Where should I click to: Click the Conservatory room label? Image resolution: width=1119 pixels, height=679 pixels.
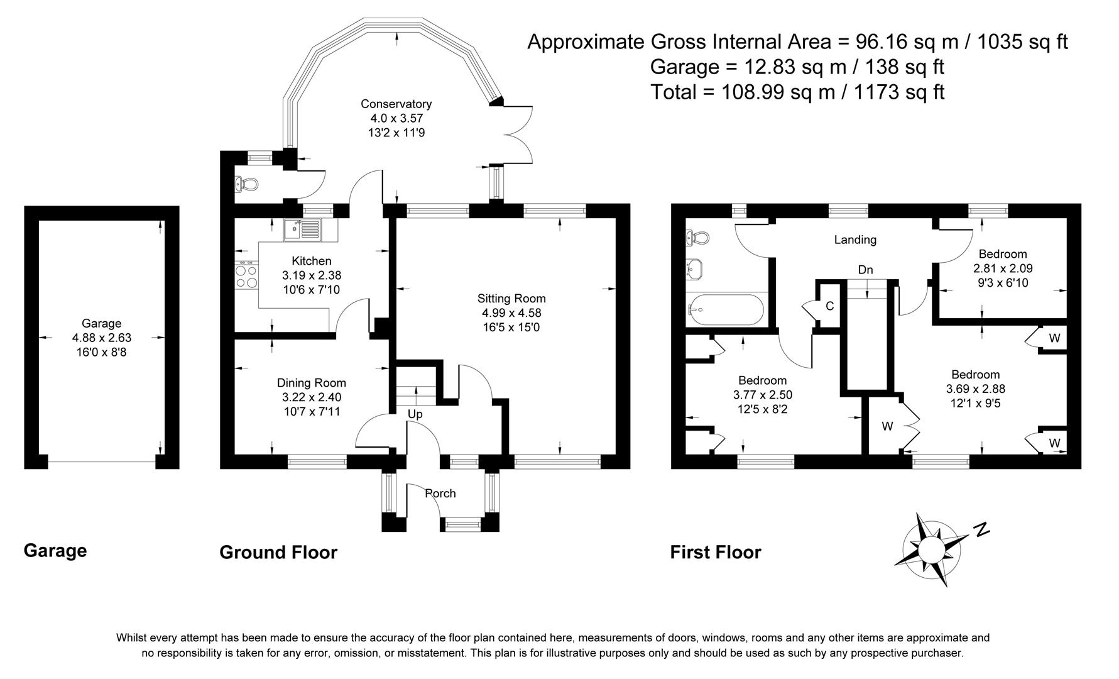(396, 104)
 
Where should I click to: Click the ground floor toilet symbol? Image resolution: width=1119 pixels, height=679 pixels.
(247, 184)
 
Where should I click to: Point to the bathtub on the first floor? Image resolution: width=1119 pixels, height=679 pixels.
(726, 309)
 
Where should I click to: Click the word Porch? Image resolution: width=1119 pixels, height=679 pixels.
(440, 493)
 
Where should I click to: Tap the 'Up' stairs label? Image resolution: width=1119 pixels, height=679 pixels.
(415, 414)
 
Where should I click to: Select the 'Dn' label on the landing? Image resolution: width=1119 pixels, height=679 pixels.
(865, 270)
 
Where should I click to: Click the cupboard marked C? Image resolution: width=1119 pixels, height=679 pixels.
(829, 306)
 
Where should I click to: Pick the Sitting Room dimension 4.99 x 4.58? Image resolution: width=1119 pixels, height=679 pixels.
(511, 312)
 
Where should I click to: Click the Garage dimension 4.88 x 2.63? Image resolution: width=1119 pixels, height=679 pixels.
(102, 338)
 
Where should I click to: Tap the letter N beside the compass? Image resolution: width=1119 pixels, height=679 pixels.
(981, 529)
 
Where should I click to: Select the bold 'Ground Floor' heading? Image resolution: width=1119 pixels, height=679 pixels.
(278, 552)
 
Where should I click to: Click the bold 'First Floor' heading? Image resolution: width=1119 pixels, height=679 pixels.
(715, 552)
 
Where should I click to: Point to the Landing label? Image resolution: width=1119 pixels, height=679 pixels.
(854, 240)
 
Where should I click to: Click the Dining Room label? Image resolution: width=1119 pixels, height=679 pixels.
(311, 383)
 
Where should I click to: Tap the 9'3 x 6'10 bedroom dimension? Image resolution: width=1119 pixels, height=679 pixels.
(1002, 283)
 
